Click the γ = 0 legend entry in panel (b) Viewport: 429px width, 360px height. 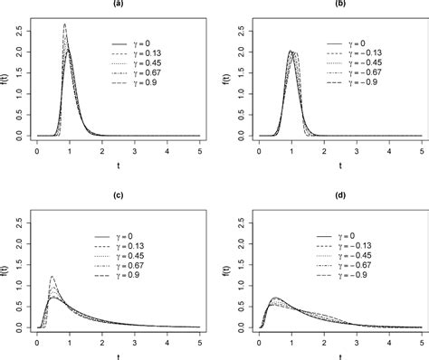365,43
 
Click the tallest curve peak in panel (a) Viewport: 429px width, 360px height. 65,25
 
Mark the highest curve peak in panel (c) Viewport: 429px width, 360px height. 52,277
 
